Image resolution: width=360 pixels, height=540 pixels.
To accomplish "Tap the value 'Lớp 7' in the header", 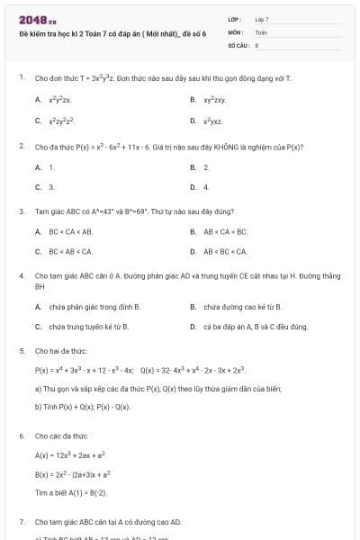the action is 262,19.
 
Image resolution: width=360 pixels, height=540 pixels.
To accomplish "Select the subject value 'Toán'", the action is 261,31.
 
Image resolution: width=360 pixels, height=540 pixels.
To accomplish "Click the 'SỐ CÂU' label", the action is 237,43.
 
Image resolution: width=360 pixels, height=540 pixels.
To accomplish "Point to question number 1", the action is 21,78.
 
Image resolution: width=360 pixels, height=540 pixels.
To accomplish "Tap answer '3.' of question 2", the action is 50,187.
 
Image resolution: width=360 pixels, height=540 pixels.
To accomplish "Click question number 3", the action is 21,211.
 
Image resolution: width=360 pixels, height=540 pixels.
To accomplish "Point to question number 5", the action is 21,351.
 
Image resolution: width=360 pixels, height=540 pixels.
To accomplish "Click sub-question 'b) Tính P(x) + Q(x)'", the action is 82,407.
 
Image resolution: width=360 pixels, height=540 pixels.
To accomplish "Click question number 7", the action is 21,521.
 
